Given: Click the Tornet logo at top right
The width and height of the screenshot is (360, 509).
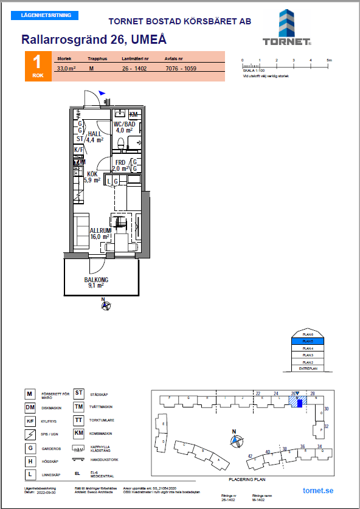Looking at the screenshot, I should (x=287, y=28).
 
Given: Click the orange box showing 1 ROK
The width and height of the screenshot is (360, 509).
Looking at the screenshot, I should (x=38, y=66).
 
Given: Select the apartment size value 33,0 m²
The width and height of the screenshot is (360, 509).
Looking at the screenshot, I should (x=66, y=69).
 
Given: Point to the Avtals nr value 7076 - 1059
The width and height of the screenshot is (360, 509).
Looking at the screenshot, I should (x=181, y=69).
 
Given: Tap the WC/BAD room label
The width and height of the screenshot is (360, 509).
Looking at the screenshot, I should (x=125, y=126).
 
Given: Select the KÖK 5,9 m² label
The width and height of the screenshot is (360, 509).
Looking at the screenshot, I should (x=92, y=176).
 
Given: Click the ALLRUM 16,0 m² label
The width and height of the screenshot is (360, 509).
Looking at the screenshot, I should (x=100, y=234).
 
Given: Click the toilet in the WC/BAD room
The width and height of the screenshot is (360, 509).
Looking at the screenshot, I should (x=122, y=144).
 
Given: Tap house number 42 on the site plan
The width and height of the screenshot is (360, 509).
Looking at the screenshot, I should (x=250, y=456).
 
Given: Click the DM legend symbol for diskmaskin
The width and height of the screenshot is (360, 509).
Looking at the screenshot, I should (x=29, y=407).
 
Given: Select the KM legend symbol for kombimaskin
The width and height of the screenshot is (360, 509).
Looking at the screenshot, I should (x=78, y=433).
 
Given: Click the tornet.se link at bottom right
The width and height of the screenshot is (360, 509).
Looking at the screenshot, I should (x=317, y=491).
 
